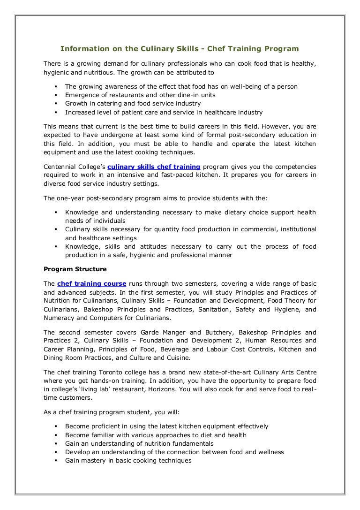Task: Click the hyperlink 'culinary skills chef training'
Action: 154,167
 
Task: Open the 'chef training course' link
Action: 92,284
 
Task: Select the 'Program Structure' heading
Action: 75,269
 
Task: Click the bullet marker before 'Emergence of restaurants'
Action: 56,95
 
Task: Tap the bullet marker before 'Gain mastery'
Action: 56,460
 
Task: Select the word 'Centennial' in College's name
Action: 60,167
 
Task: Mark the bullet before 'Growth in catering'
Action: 56,104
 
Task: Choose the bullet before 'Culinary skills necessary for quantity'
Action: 56,229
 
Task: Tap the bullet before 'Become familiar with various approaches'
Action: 56,435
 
